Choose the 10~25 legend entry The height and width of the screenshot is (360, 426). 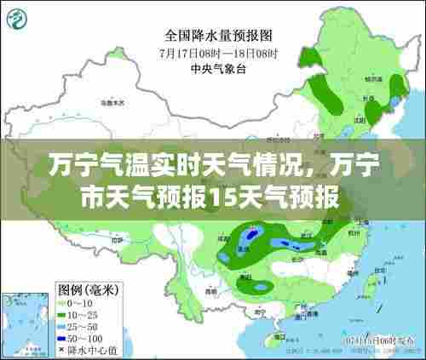click(x=77, y=314)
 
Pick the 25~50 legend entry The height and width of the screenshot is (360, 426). click(x=77, y=325)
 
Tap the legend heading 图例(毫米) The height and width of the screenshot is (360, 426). click(x=87, y=290)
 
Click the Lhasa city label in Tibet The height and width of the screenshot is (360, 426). click(x=119, y=247)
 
